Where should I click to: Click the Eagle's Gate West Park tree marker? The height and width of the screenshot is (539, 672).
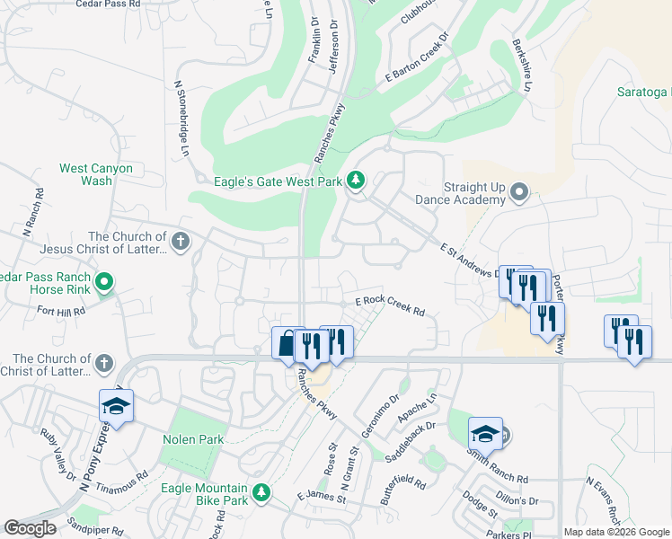click(357, 181)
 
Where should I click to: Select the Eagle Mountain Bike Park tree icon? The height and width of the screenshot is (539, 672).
click(261, 492)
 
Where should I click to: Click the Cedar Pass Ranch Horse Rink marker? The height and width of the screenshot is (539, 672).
click(104, 284)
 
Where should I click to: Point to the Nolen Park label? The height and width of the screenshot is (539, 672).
click(192, 439)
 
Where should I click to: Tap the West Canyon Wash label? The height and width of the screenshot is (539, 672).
click(95, 174)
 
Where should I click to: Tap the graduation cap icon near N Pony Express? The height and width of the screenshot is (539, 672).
click(116, 408)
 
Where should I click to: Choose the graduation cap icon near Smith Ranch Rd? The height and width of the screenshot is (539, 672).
click(485, 434)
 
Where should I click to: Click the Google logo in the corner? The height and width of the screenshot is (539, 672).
click(30, 528)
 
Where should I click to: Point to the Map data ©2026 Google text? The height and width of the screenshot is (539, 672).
click(616, 532)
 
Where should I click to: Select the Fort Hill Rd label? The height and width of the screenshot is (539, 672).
click(61, 311)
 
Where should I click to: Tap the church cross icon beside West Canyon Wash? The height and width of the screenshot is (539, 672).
click(180, 241)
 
